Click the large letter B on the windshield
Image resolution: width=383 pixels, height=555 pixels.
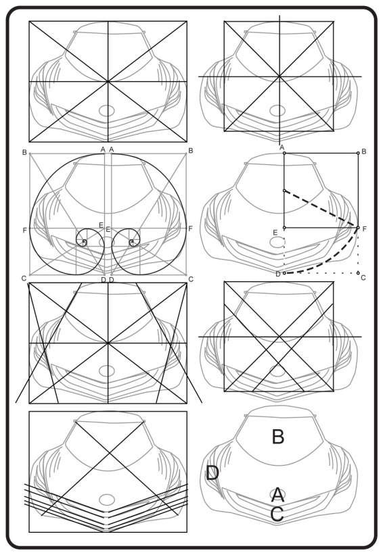coord(277,437)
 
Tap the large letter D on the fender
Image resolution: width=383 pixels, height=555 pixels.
coord(212,473)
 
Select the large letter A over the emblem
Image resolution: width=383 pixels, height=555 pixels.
coord(277,494)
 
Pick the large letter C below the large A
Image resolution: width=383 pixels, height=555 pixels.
coord(277,514)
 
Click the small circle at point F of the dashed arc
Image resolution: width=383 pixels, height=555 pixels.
coord(358,228)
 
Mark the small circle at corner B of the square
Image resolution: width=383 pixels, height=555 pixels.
coord(358,153)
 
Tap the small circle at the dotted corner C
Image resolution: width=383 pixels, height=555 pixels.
coord(358,273)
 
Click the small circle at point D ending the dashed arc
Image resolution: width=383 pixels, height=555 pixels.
coord(284,273)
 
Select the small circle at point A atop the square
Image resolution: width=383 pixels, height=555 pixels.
coord(284,153)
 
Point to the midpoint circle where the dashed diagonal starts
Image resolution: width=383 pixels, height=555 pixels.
coord(284,191)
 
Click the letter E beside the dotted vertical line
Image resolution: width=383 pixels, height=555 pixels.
coord(275,233)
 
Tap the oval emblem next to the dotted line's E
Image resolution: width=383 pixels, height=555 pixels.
coord(277,242)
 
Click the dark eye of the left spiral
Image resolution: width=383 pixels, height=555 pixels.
coord(84,242)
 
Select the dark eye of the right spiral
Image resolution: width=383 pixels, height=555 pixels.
coord(132,242)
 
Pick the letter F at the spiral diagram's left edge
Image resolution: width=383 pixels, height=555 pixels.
coord(24,231)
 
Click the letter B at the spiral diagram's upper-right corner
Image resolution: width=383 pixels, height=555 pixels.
coord(191,151)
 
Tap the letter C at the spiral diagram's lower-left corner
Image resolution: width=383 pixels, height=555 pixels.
coord(24,279)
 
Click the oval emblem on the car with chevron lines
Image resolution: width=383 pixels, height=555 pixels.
coord(107,500)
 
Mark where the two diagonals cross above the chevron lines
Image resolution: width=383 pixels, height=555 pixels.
coord(110,453)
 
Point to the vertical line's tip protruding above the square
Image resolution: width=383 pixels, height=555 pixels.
coord(279,16)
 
